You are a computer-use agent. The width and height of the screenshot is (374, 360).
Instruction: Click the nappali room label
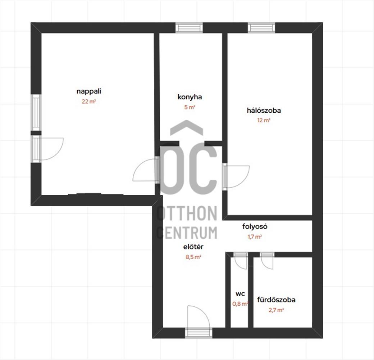coord(89,91)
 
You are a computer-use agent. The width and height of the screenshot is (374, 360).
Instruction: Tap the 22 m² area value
coord(89,102)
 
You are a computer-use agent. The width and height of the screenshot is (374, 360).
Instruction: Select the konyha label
coord(190,97)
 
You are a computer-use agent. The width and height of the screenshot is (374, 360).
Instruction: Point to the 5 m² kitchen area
coord(190,107)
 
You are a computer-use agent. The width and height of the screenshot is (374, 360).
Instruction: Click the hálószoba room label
coord(264,110)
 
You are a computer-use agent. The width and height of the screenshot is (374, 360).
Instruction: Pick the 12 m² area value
coord(264,120)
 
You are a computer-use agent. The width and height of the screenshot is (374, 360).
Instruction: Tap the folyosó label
coord(255,226)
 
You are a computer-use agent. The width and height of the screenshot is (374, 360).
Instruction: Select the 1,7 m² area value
coord(255,237)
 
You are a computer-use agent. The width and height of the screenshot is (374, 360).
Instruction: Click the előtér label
coord(193,247)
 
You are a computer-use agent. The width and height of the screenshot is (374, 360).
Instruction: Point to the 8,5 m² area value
coord(193,257)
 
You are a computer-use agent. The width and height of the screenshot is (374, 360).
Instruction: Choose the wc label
coord(240,294)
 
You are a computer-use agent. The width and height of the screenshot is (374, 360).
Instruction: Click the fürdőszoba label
coord(276,300)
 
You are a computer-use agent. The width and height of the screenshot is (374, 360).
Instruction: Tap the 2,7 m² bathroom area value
coord(276,310)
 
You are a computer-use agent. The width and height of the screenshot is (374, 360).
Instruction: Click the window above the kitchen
coord(189,28)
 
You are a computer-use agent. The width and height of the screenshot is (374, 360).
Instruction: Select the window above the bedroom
coord(261,28)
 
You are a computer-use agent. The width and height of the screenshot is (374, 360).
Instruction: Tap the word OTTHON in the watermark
coord(187,213)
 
